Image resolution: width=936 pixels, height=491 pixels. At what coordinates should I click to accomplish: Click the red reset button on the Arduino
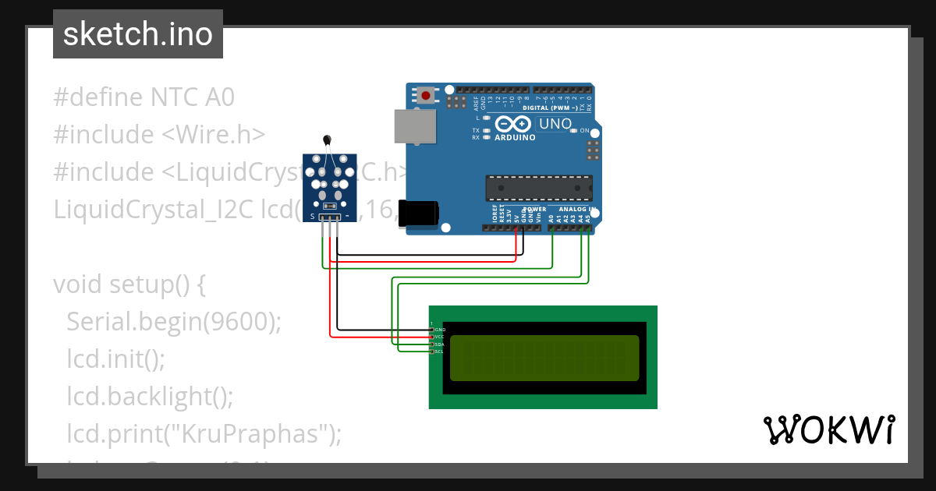425,96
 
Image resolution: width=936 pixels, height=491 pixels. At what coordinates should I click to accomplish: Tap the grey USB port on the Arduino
414,126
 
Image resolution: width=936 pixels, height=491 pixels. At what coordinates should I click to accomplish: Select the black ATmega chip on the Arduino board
538,188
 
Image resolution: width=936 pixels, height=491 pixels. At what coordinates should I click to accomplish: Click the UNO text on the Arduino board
555,124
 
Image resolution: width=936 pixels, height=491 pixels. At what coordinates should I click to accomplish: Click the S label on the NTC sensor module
313,216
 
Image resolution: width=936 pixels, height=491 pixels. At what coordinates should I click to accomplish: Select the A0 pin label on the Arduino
552,219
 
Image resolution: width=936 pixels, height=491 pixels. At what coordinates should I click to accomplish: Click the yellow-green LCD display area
544,357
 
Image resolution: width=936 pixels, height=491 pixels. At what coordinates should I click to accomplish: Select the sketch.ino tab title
138,34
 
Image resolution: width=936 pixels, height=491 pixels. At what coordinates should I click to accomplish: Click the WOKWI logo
828,429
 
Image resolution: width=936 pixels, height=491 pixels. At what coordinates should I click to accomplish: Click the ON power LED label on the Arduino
584,131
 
